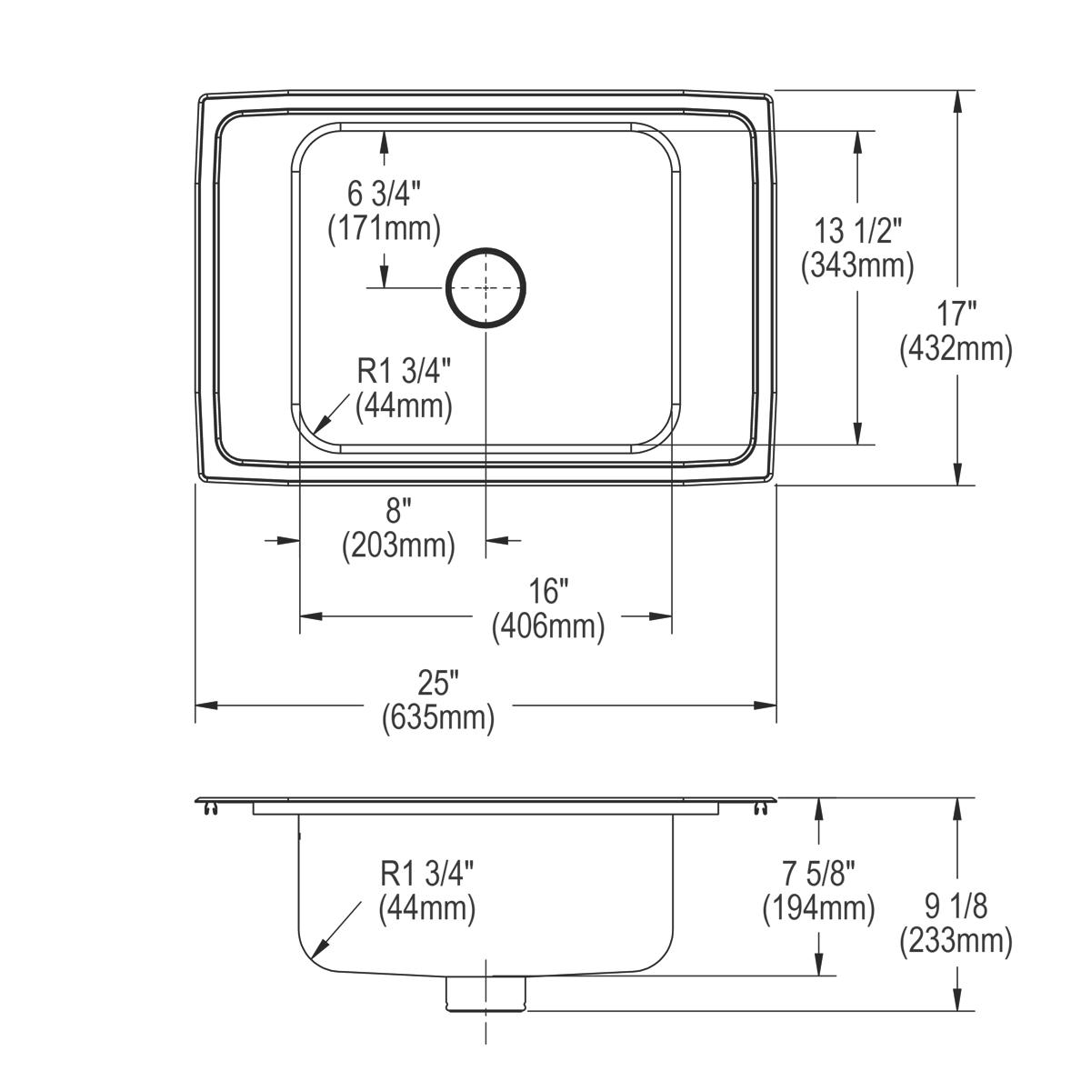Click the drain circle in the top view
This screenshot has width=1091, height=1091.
pos(485,286)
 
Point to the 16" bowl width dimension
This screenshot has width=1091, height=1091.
pos(548,592)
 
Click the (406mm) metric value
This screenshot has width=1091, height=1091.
pos(548,626)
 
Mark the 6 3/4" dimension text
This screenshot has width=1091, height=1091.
pos(384,194)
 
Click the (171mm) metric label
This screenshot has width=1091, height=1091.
pos(384,228)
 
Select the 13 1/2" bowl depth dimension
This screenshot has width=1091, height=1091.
pos(856,230)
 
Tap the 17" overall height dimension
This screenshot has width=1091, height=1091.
pos(956,315)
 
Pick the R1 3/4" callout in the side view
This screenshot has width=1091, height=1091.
pos(427,875)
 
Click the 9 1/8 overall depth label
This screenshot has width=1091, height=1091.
pos(956,906)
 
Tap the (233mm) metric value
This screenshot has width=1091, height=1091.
pos(956,941)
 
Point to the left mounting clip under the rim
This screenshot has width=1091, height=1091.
pos(212,809)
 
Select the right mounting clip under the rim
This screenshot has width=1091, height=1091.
pos(759,809)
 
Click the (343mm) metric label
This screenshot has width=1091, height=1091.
pos(856,265)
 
